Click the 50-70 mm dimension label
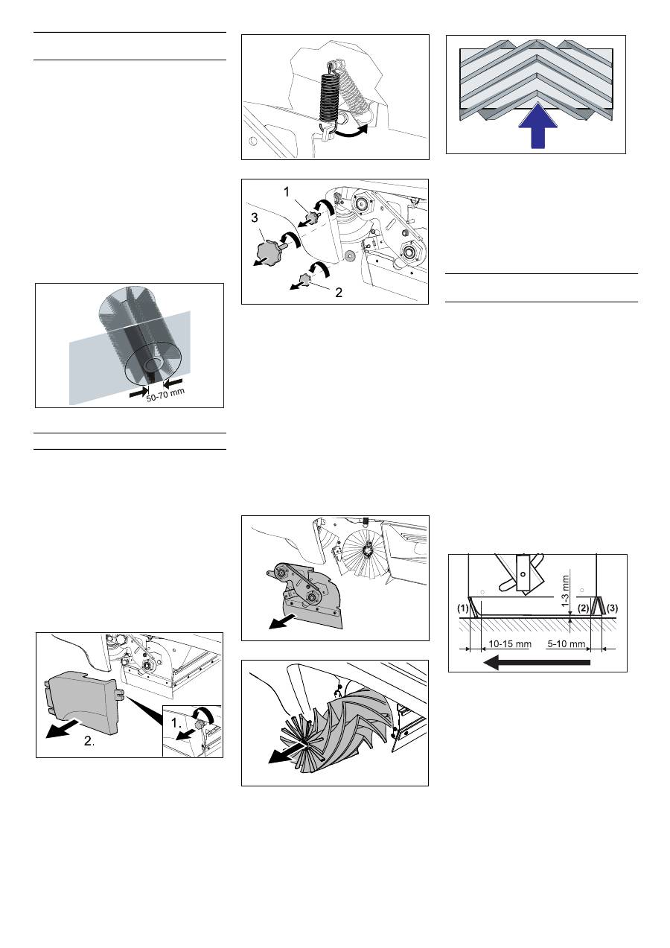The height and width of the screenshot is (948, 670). pyautogui.click(x=166, y=395)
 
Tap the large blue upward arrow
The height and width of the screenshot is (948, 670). pyautogui.click(x=538, y=126)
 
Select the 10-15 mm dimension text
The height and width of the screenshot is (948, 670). pyautogui.click(x=510, y=644)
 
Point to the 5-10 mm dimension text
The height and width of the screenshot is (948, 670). pyautogui.click(x=567, y=644)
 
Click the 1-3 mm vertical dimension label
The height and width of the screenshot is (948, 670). pyautogui.click(x=566, y=591)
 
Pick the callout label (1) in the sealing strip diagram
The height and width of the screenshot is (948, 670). pyautogui.click(x=463, y=608)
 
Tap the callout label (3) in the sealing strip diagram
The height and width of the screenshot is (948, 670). pyautogui.click(x=612, y=608)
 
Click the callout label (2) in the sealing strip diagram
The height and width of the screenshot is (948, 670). pyautogui.click(x=584, y=608)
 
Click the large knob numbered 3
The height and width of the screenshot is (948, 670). pyautogui.click(x=269, y=250)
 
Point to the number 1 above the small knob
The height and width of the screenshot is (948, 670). pyautogui.click(x=287, y=192)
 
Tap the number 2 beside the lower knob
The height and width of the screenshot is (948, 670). pyautogui.click(x=339, y=292)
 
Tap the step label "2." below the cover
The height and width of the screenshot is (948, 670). pyautogui.click(x=89, y=741)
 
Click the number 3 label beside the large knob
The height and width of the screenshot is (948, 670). pyautogui.click(x=254, y=217)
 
